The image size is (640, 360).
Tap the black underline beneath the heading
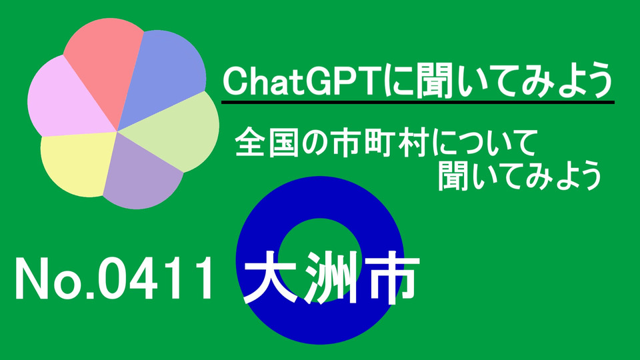tap(417, 102)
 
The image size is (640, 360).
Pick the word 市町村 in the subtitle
tap(381, 143)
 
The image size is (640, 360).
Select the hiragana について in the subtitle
tap(483, 143)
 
